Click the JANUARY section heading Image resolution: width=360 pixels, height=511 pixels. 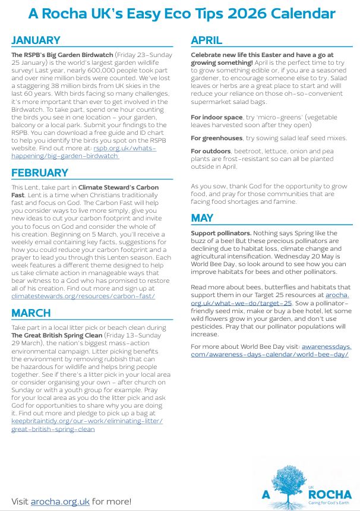click(36, 40)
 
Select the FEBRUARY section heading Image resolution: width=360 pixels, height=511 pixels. click(40, 173)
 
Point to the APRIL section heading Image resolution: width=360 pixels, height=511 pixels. click(207, 40)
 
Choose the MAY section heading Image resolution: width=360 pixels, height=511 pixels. click(202, 219)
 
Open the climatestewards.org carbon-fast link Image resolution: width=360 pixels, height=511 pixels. click(83, 295)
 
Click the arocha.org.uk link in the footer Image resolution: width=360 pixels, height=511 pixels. click(59, 501)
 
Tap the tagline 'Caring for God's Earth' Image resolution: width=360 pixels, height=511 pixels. click(331, 503)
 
